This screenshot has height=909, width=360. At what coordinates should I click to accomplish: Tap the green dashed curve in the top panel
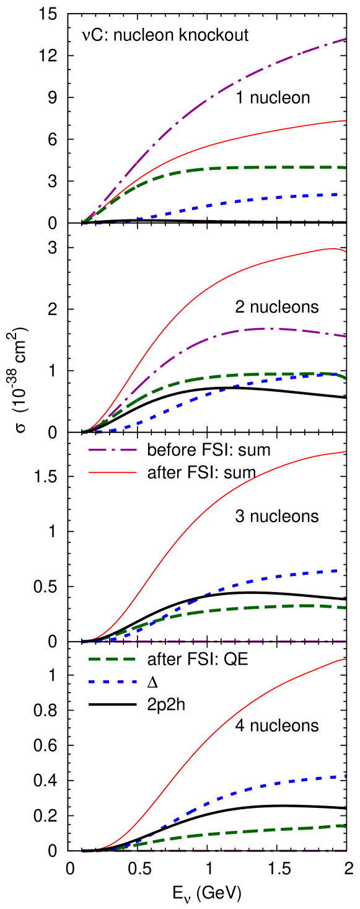[x=248, y=167]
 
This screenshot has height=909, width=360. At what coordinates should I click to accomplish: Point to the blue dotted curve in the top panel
[x=248, y=200]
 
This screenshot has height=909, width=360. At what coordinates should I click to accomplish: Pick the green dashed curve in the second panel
[x=248, y=375]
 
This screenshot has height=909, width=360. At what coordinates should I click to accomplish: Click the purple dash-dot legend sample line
[x=112, y=450]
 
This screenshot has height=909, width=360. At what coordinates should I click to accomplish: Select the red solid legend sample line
[x=112, y=472]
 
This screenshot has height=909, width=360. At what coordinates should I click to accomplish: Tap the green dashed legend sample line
[x=112, y=658]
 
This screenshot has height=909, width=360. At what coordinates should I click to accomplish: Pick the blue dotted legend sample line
[x=112, y=681]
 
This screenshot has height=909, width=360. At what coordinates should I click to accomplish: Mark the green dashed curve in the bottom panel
[x=248, y=831]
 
